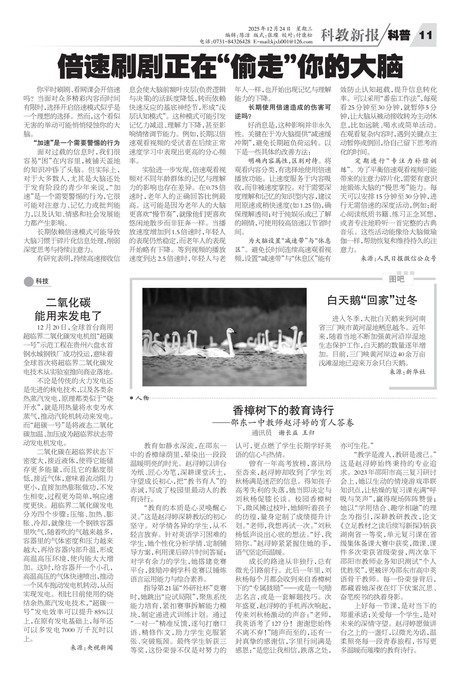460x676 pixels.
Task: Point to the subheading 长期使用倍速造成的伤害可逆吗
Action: [283, 112]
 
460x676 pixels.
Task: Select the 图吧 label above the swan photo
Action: [396, 279]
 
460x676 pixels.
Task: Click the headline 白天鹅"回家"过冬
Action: [372, 300]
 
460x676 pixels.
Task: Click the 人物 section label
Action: [142, 398]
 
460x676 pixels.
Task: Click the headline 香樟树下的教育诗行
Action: [283, 410]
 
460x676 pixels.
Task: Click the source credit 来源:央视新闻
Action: [92, 647]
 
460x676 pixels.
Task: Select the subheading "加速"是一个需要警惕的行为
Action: [76, 143]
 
